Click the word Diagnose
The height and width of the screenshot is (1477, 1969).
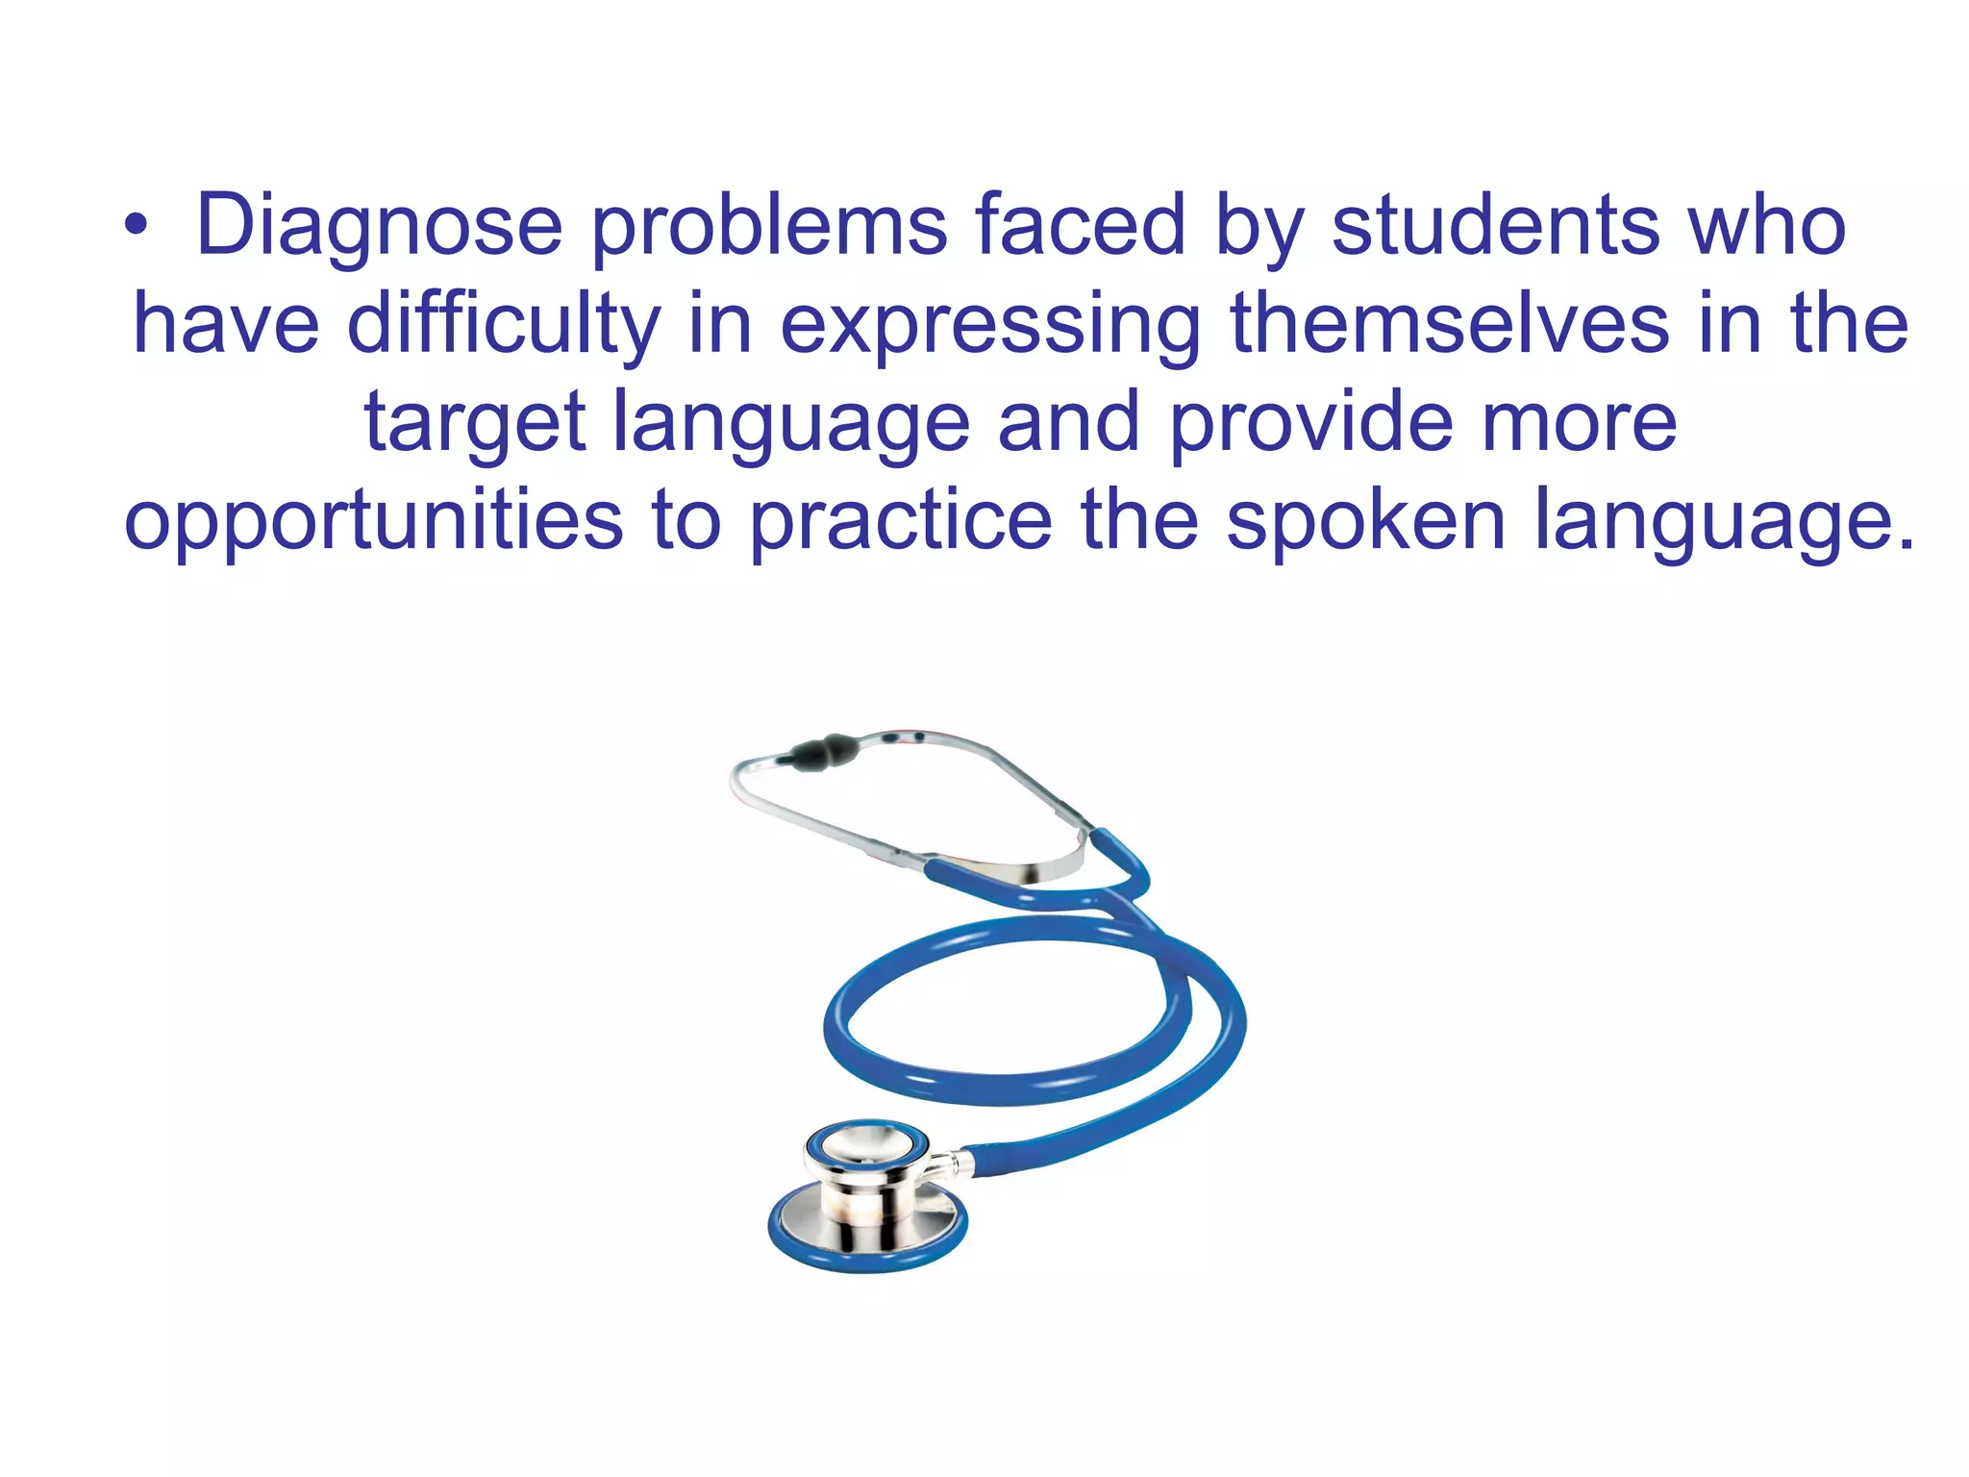tap(379, 227)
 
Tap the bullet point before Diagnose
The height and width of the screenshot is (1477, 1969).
tap(136, 227)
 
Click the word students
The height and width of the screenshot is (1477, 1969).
tap(1496, 227)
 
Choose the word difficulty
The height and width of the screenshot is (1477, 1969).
tap(504, 325)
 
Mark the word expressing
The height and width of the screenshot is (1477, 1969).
tap(990, 325)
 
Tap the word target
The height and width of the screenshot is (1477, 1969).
tap(475, 423)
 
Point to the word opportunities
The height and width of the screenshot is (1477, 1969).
tap(374, 521)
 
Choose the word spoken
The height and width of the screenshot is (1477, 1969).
tap(1365, 521)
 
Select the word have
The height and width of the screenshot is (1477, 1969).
tap(226, 325)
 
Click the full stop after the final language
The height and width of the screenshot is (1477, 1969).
tap(1906, 543)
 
